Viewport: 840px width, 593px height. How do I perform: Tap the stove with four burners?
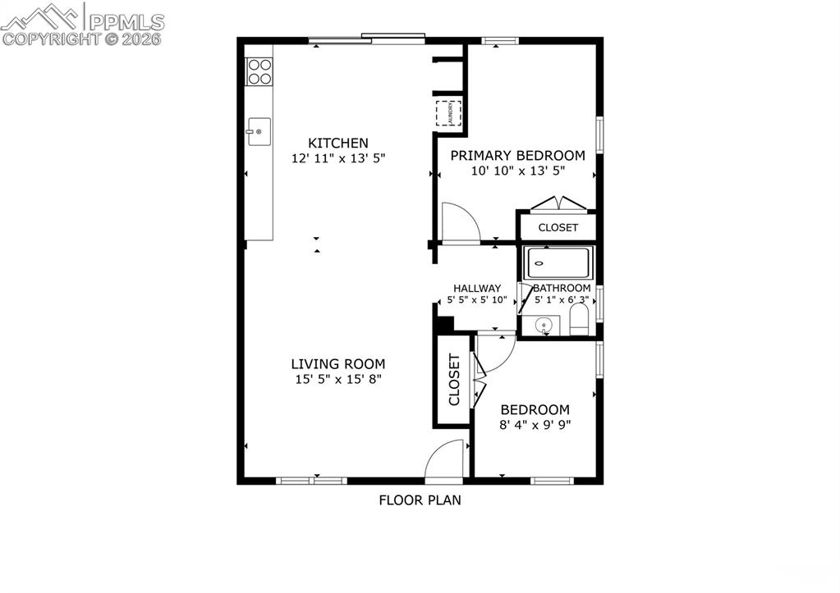click(259, 71)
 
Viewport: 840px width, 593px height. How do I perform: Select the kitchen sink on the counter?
click(259, 131)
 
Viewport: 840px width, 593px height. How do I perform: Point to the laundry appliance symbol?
click(448, 112)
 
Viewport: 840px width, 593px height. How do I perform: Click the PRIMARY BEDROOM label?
click(517, 155)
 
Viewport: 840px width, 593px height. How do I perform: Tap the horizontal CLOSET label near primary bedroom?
click(558, 227)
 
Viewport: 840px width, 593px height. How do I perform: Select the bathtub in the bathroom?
click(558, 262)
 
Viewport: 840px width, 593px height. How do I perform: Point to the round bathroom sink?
click(543, 326)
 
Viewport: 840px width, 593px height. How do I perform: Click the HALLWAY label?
click(477, 288)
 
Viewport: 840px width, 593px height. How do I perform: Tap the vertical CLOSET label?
click(454, 380)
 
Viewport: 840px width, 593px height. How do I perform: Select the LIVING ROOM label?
click(337, 364)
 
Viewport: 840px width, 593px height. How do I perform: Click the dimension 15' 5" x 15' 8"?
click(337, 380)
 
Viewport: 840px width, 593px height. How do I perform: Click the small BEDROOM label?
click(535, 409)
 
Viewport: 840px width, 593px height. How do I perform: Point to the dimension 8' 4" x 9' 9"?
click(535, 425)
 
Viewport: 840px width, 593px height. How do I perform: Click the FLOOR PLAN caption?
click(420, 499)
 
